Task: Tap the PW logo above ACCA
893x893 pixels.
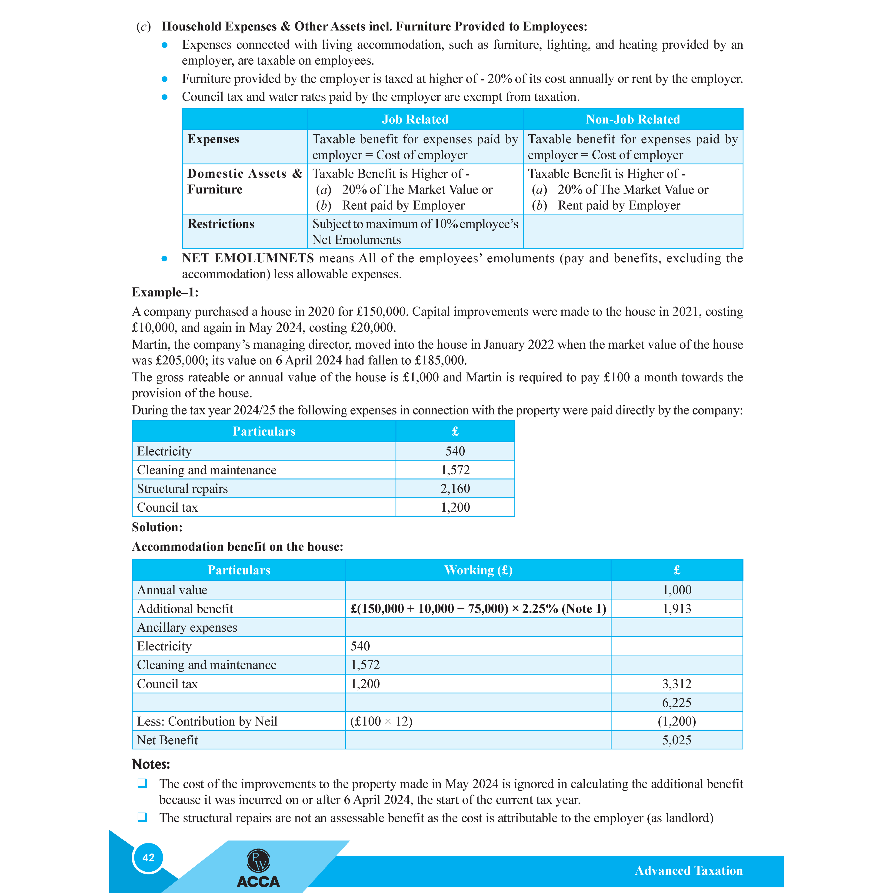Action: tap(258, 861)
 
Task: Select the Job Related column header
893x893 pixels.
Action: tap(415, 119)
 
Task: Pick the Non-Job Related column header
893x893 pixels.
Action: tap(632, 119)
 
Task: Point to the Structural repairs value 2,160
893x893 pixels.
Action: tap(455, 489)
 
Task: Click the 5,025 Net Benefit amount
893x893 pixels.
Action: tap(676, 740)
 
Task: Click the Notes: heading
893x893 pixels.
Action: tap(151, 764)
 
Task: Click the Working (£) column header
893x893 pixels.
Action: tap(478, 570)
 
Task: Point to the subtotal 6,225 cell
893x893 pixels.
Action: tap(676, 703)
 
